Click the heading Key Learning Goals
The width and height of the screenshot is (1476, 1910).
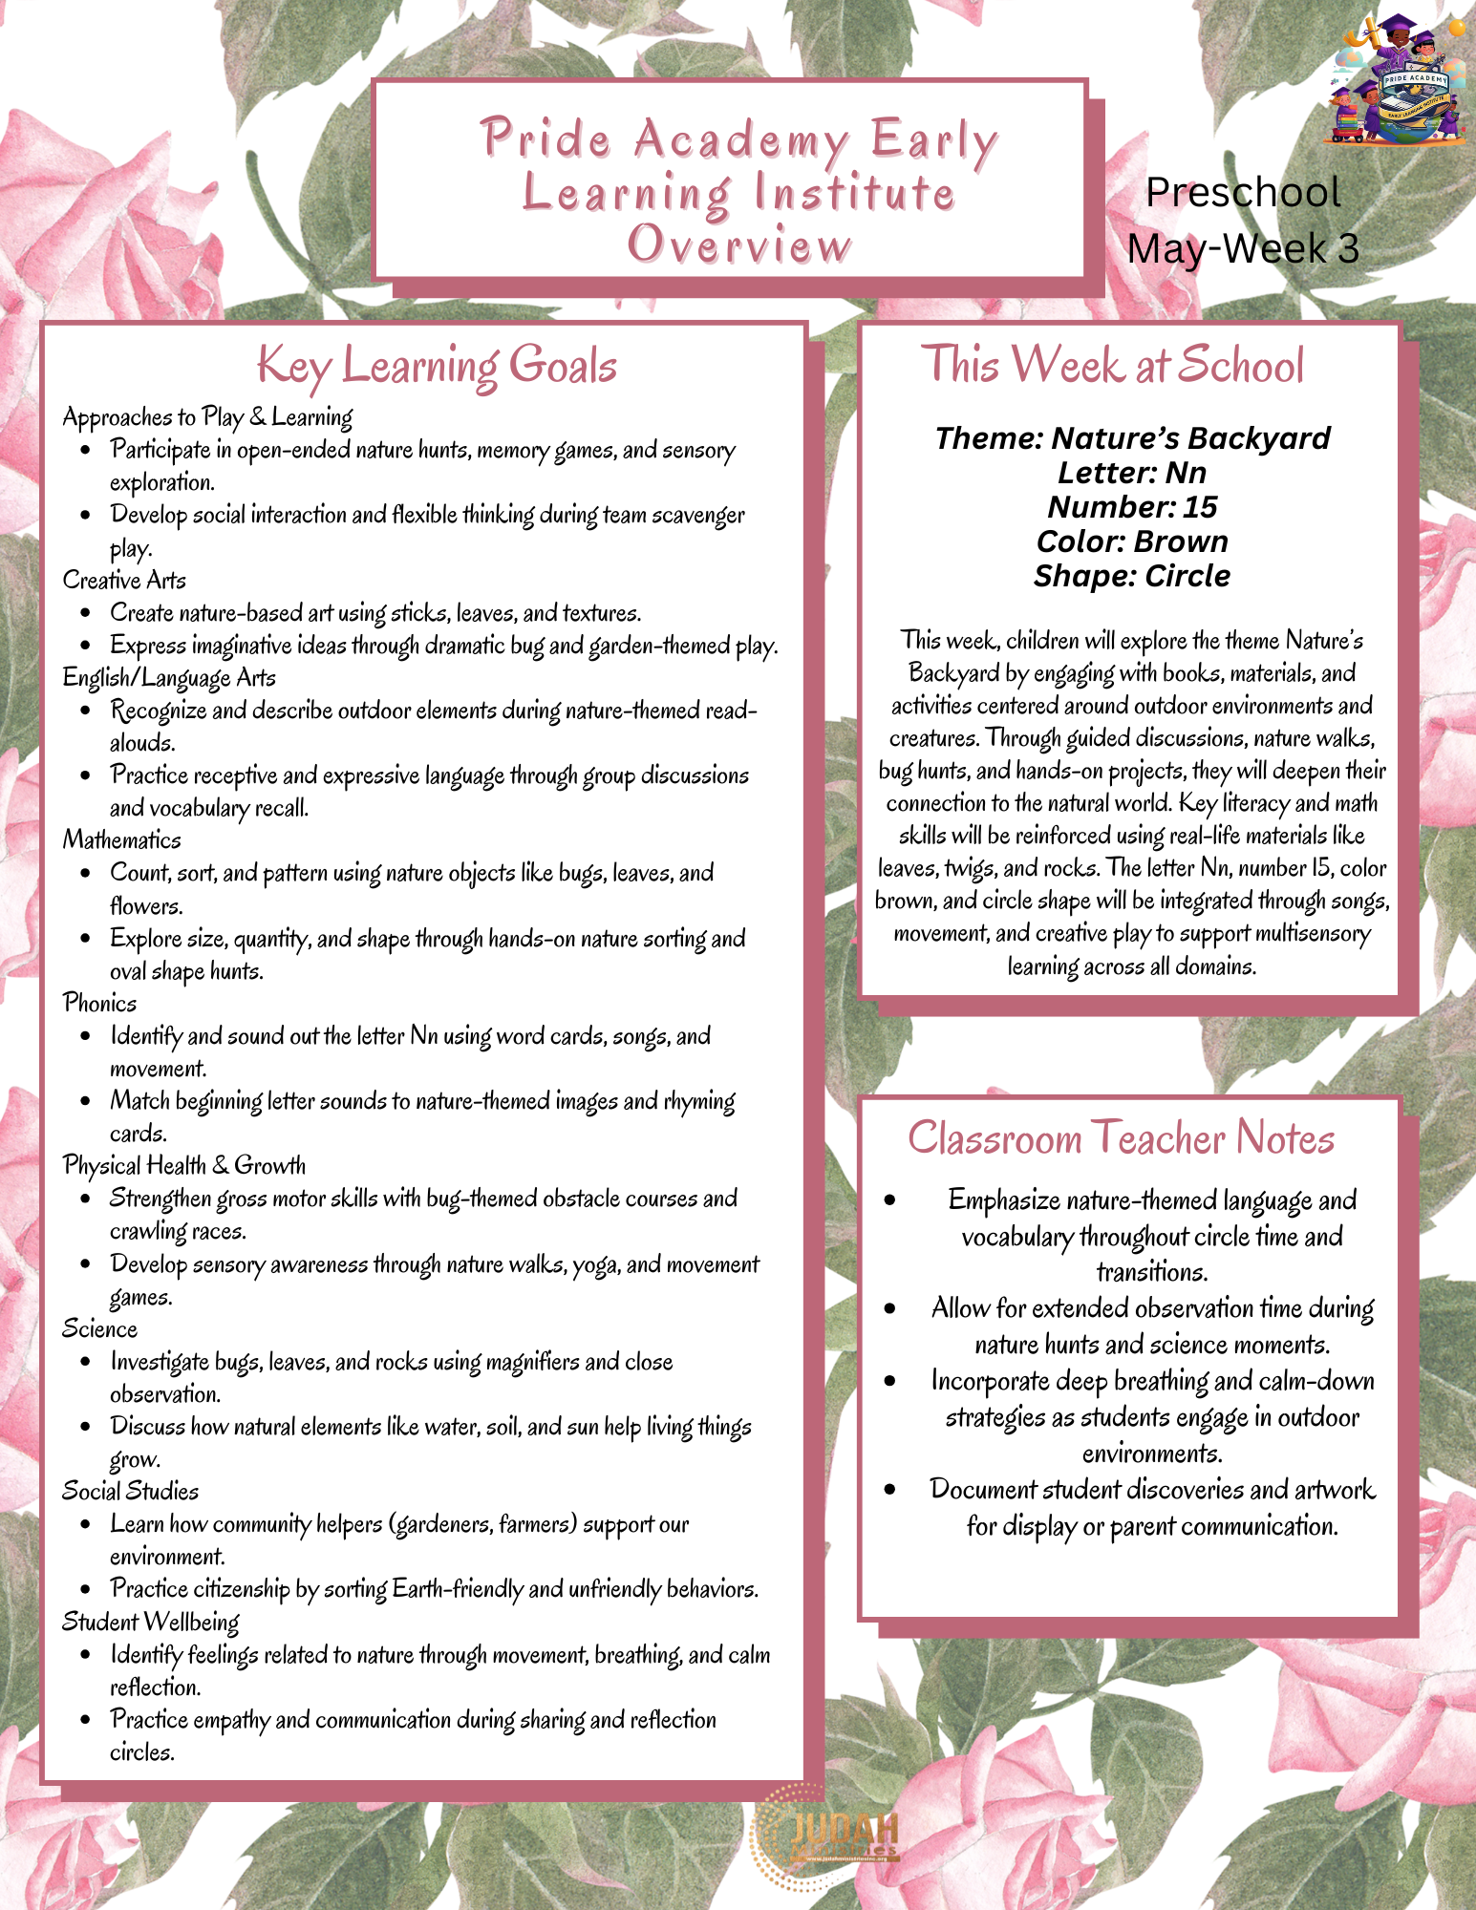click(x=437, y=367)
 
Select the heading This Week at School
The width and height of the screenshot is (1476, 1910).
click(x=1112, y=365)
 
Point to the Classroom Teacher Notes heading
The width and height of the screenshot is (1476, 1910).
click(x=1121, y=1138)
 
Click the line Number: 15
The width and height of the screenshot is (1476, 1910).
click(x=1132, y=507)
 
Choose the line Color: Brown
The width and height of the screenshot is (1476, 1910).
click(x=1132, y=541)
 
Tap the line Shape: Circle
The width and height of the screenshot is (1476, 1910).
click(x=1132, y=576)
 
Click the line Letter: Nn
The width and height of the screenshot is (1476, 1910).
click(x=1132, y=473)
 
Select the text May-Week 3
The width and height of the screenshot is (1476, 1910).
click(x=1243, y=249)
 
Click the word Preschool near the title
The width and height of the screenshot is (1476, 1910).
click(x=1243, y=193)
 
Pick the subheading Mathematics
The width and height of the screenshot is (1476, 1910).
click(x=121, y=840)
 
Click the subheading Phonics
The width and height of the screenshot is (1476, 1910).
click(x=99, y=1003)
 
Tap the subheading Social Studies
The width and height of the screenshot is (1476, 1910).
click(x=130, y=1492)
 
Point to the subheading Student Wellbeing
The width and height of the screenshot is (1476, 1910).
click(x=150, y=1622)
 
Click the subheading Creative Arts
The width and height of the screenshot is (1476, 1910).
click(x=124, y=581)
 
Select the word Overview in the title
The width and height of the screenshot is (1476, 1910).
click(x=738, y=244)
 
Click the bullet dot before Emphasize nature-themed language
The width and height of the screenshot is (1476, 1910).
click(x=889, y=1200)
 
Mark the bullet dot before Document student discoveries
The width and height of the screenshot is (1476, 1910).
click(x=889, y=1490)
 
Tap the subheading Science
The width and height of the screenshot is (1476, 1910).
click(x=99, y=1329)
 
